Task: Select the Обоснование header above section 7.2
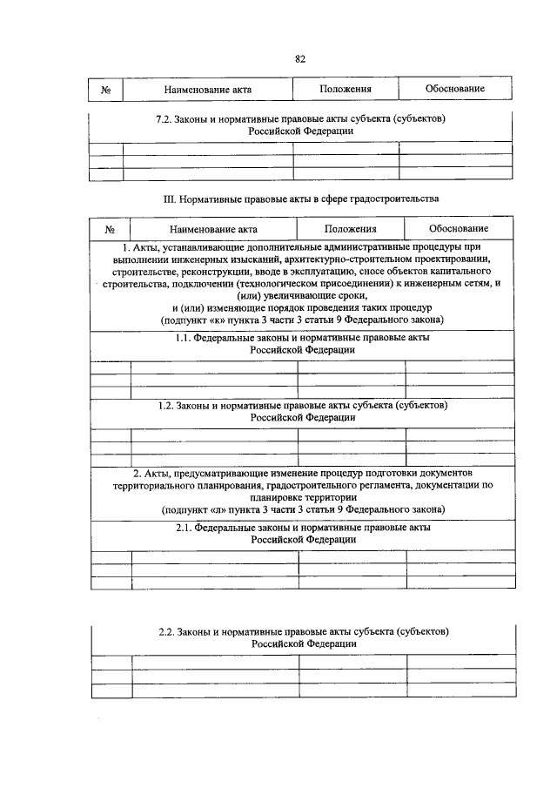tap(454, 89)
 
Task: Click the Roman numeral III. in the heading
tap(171, 199)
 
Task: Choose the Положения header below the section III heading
tap(351, 229)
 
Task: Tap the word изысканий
tap(235, 259)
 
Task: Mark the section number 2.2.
tap(165, 631)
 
